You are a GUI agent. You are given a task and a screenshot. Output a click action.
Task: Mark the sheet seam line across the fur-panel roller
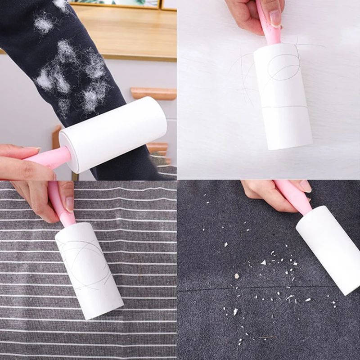coord(286,108)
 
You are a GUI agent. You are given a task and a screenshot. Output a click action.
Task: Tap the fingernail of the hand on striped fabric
coord(70,204)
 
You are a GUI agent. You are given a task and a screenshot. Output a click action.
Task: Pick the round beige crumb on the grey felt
coord(236,275)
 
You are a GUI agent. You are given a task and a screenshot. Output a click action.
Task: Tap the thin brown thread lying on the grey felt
coord(266,337)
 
